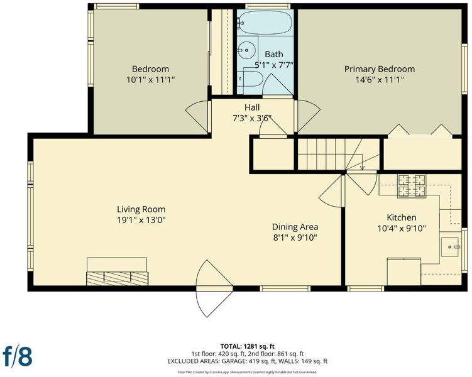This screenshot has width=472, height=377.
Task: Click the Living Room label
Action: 141,209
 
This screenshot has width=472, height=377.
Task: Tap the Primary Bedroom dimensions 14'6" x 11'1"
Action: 380,80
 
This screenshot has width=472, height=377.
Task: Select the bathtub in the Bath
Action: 265,23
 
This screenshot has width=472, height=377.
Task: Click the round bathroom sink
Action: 247,50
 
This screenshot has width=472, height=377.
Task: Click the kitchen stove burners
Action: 412,185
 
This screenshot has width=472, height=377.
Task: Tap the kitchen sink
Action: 450,247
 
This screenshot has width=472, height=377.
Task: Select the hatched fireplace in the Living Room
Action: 118,278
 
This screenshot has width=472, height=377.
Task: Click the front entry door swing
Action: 214,288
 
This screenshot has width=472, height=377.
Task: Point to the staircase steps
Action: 339,154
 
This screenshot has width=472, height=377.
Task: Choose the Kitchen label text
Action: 402,217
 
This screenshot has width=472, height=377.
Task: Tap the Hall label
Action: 252,107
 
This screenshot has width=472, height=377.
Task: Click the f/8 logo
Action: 18,356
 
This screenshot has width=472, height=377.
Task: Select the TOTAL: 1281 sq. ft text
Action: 247,346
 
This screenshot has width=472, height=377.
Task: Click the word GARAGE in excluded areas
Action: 235,361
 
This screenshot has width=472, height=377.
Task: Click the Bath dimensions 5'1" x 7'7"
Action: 274,65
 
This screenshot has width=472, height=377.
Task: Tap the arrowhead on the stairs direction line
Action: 362,167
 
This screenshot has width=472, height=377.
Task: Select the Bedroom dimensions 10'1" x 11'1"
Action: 150,80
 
